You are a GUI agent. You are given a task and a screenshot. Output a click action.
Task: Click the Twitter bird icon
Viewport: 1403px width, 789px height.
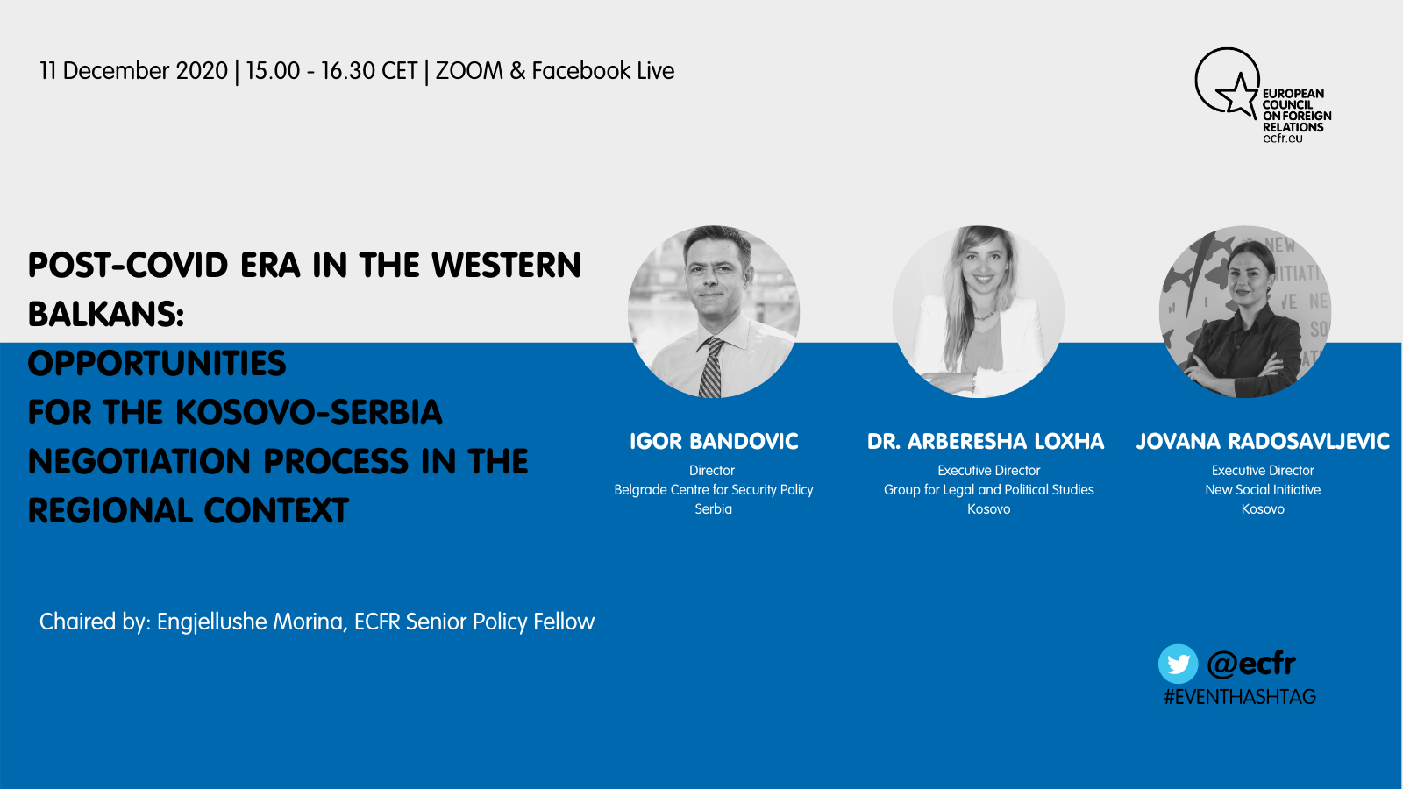coord(1178,664)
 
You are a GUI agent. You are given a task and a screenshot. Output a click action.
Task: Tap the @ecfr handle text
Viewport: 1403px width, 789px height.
coord(1250,664)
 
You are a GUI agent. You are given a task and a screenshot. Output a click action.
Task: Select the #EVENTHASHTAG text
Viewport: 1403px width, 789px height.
coord(1240,697)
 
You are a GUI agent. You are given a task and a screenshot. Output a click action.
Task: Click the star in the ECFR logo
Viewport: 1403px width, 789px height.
coord(1237,95)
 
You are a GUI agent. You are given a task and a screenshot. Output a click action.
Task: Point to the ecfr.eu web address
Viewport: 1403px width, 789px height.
coord(1282,139)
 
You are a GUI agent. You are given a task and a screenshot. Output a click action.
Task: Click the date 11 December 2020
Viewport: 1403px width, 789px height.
coord(133,71)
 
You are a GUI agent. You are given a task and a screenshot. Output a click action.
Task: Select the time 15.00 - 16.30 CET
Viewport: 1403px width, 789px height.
coord(331,71)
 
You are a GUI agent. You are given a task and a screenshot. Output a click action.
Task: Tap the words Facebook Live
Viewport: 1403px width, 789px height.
coord(602,71)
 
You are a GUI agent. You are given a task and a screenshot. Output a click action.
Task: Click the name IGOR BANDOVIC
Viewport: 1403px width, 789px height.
coord(714,442)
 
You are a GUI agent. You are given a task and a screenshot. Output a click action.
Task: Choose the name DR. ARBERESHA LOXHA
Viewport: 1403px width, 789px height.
coord(986,442)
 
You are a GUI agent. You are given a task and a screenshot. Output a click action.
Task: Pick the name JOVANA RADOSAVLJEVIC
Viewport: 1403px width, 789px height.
coord(1263,442)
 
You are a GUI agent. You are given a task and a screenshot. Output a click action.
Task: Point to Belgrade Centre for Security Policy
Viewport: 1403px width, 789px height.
coord(714,490)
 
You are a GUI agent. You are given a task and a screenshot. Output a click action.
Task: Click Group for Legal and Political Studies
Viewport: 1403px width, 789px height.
coord(988,490)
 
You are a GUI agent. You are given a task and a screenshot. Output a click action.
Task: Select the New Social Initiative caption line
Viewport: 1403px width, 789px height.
coord(1263,490)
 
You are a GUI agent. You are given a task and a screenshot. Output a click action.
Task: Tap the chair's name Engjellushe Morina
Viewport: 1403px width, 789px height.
coord(252,622)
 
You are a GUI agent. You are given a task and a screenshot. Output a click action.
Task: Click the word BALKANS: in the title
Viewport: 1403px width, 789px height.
coord(106,314)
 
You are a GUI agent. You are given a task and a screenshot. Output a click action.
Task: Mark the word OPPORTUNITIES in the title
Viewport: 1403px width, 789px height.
coord(157,363)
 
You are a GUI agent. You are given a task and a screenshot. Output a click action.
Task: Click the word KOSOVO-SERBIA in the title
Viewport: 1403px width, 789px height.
coord(309,412)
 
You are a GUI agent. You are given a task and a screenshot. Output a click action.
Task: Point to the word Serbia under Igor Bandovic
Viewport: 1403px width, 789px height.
coord(714,509)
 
